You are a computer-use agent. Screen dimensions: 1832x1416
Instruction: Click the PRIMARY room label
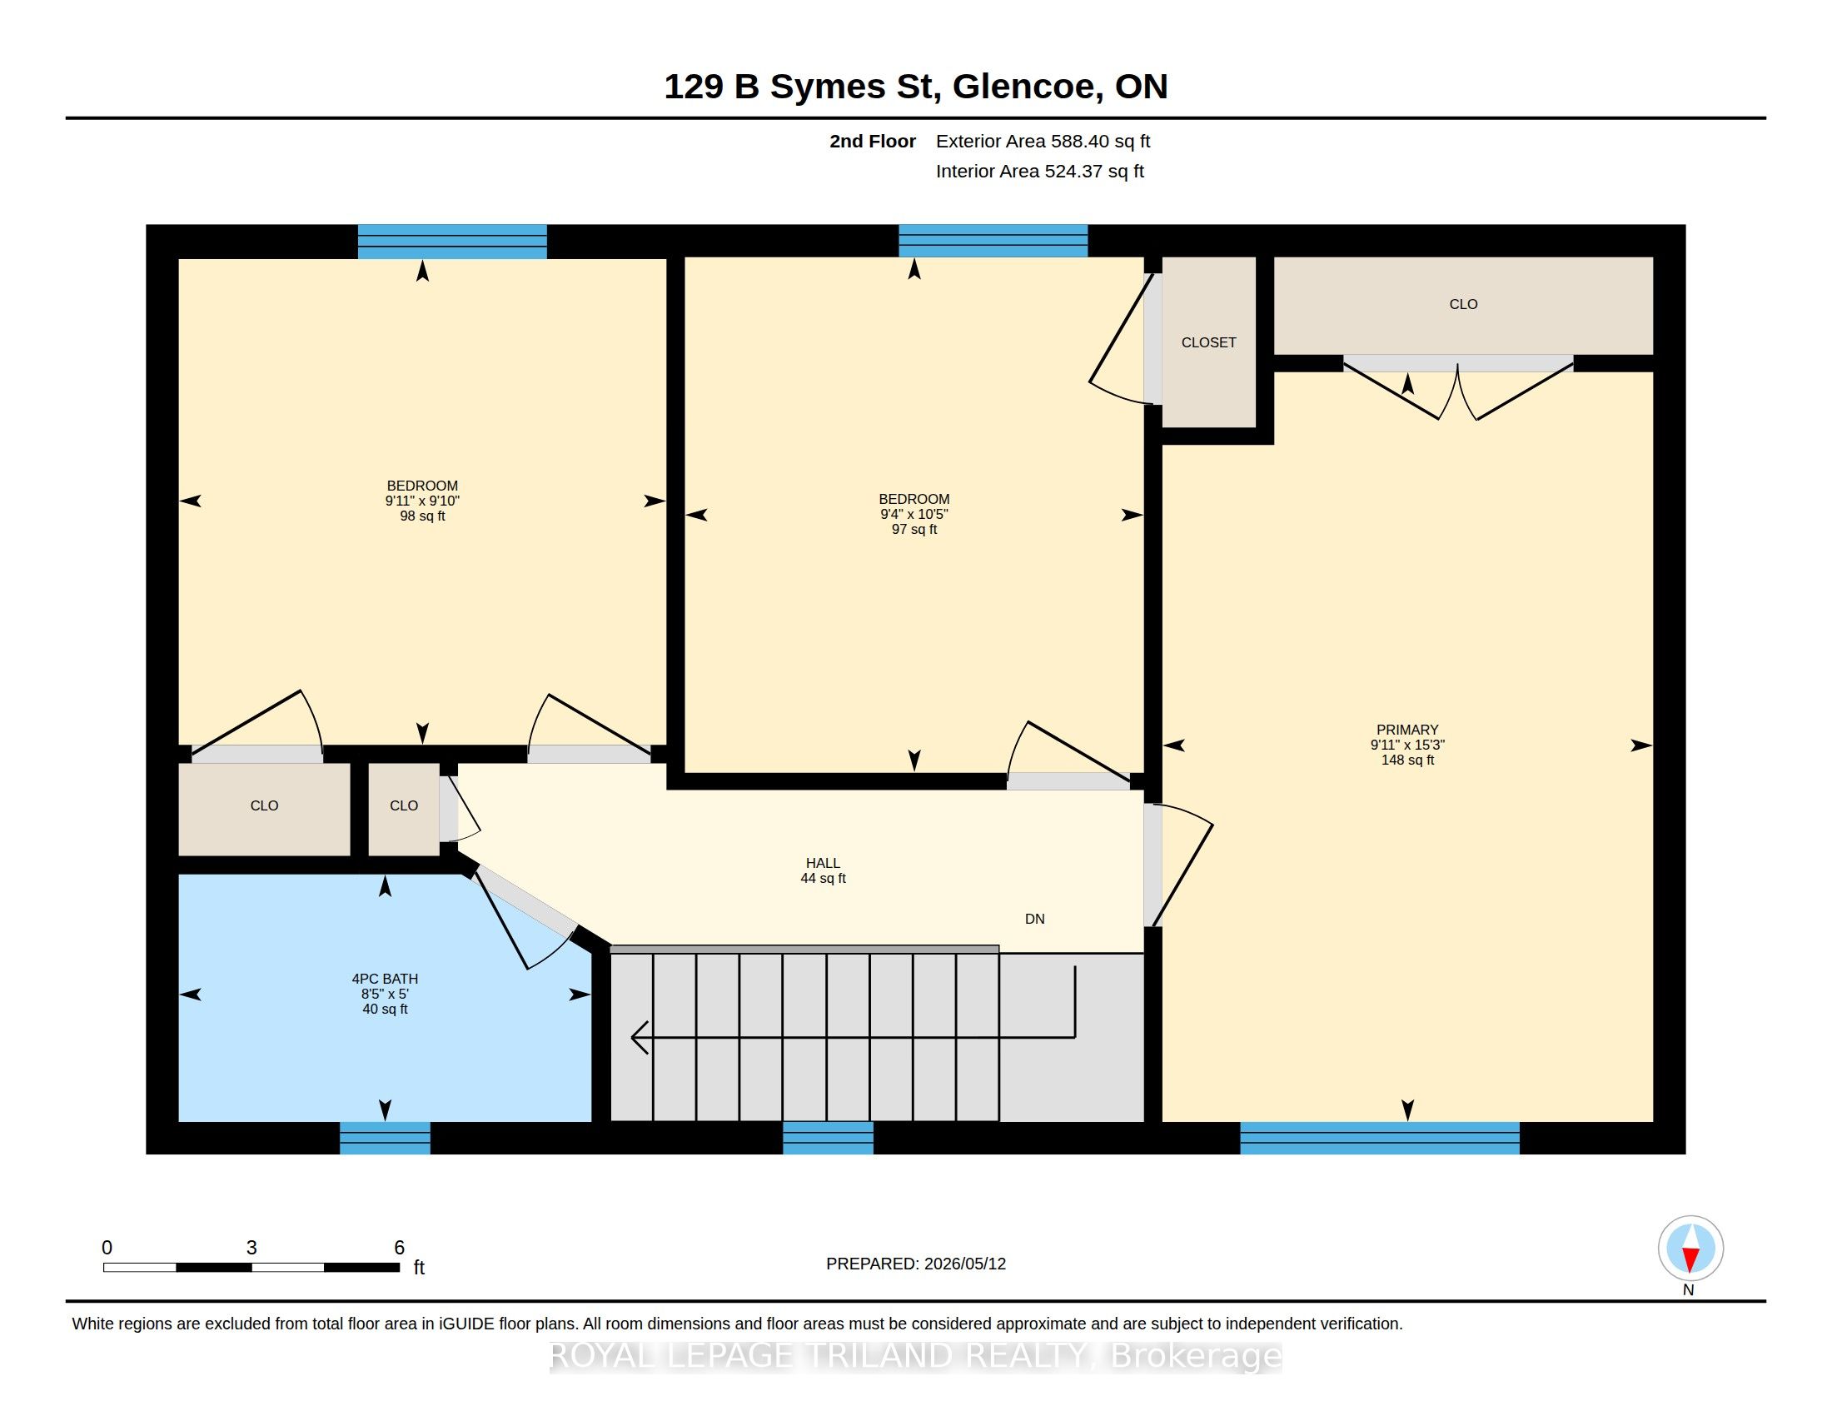click(x=1406, y=730)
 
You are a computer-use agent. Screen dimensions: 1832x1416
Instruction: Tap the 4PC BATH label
click(x=385, y=978)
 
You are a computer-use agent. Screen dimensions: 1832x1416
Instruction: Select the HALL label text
click(x=823, y=863)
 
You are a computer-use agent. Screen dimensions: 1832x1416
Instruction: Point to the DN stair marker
click(x=1034, y=919)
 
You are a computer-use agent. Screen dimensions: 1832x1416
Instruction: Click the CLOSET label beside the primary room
click(x=1209, y=342)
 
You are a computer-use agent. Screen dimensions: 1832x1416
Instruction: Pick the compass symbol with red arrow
click(x=1690, y=1249)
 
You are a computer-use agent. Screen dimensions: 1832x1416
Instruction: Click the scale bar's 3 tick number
click(x=251, y=1248)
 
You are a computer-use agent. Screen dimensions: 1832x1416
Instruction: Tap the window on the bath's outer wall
click(x=385, y=1139)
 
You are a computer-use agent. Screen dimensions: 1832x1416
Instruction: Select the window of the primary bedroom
click(x=1380, y=1139)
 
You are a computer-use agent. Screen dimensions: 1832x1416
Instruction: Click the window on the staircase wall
click(x=828, y=1139)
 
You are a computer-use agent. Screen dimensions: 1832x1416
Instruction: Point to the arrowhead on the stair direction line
click(x=640, y=1037)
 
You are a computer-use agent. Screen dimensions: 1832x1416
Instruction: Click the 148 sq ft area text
click(x=1407, y=760)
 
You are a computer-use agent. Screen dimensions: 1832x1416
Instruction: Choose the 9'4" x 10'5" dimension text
click(x=914, y=514)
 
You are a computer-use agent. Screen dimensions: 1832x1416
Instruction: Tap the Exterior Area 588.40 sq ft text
click(x=1043, y=141)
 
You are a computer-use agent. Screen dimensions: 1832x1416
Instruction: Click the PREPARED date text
click(x=916, y=1264)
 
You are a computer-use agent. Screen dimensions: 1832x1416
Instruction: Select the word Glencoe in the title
click(x=1024, y=87)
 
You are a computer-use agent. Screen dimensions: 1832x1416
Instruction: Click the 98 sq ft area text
click(x=422, y=516)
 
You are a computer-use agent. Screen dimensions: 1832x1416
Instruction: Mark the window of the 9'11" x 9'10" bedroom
click(x=452, y=241)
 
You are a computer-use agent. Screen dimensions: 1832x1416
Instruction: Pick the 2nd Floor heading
click(x=873, y=141)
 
